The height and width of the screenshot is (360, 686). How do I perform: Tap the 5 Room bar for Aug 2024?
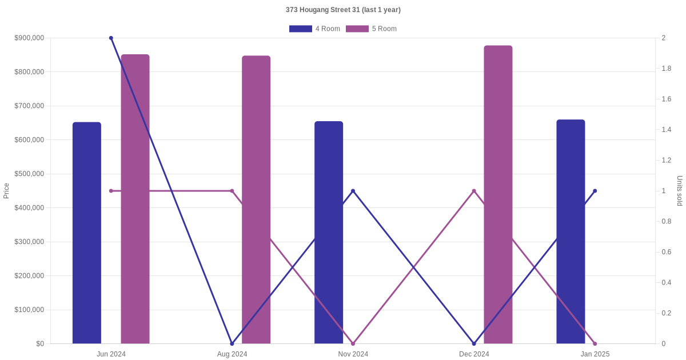click(256, 199)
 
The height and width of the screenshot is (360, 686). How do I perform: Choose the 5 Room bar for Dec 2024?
click(498, 194)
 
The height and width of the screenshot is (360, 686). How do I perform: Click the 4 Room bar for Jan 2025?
click(571, 231)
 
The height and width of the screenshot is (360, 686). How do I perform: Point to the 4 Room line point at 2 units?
click(111, 38)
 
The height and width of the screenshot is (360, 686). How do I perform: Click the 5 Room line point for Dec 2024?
click(474, 191)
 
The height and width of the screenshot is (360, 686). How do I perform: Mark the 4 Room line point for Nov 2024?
click(353, 191)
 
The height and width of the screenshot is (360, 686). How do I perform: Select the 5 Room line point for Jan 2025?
click(595, 343)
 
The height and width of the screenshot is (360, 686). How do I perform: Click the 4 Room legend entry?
click(315, 29)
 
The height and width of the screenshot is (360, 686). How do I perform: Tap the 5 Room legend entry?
click(372, 29)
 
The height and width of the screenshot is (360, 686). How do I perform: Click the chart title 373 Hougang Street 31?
click(343, 10)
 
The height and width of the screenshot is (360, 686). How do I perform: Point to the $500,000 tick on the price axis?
click(29, 174)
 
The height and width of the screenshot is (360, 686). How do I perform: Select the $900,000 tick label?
click(29, 38)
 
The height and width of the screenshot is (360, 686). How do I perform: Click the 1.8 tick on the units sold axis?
click(667, 69)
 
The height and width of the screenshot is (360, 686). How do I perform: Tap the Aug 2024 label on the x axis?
click(232, 354)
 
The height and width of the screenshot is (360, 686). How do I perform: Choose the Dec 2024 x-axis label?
click(474, 354)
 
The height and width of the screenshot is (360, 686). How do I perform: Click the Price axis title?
click(6, 191)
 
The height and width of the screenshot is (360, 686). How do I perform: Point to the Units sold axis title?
click(680, 191)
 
